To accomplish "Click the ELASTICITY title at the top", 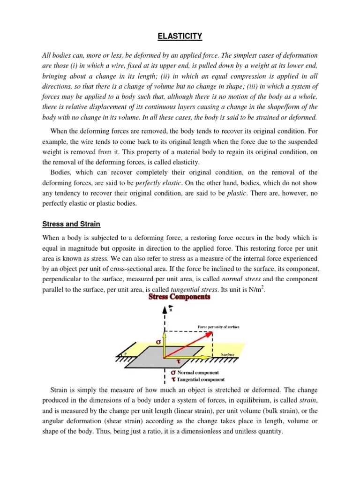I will click(180, 36).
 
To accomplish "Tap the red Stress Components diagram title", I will click(180, 297).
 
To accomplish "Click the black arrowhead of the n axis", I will click(164, 310).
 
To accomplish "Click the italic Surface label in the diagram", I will click(227, 355).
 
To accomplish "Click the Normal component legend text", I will click(192, 372).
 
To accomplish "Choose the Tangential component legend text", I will click(195, 379).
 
